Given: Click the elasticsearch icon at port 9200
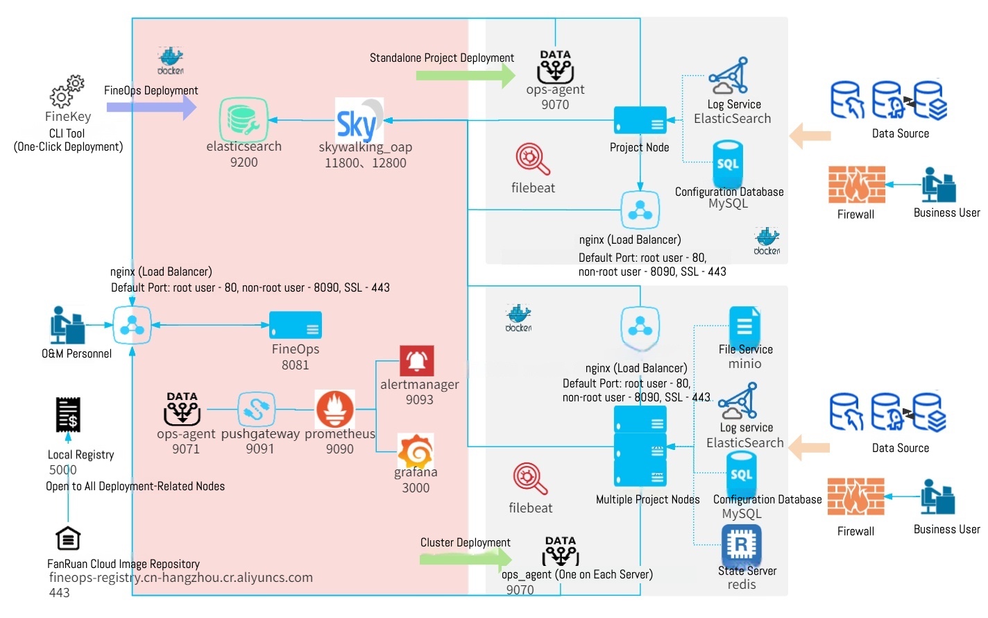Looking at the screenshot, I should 244,119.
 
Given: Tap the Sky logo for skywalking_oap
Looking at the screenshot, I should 359,121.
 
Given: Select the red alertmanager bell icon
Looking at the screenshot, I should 417,361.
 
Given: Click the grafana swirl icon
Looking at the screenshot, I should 416,451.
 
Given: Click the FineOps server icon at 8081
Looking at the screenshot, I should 296,325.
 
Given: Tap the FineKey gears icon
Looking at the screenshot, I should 67,92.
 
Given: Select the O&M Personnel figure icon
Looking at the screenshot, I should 67,325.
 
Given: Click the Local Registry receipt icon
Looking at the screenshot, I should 68,415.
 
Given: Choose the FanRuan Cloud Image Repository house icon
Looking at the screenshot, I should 68,538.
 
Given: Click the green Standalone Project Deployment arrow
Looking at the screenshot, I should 466,75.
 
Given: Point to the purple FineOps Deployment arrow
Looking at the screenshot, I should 151,108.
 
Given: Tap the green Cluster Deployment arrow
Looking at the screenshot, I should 466,558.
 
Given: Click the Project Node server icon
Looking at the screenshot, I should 640,120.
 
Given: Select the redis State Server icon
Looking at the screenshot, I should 742,545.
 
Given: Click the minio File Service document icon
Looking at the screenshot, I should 744,326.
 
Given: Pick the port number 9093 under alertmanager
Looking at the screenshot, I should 420,400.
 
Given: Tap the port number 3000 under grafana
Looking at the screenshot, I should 416,488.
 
